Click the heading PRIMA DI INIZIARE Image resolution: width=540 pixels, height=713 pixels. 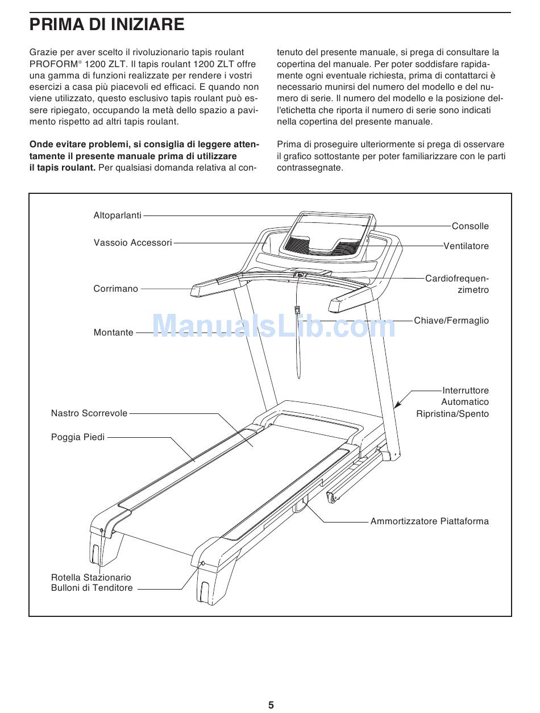[x=107, y=24]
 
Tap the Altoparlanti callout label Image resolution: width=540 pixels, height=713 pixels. [x=117, y=215]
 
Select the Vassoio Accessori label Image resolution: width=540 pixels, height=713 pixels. [x=132, y=243]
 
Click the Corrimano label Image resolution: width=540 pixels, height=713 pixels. [x=115, y=289]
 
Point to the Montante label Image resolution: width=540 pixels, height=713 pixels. [x=113, y=333]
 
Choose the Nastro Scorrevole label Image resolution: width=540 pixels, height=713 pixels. [x=89, y=413]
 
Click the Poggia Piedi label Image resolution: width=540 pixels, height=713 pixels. [x=78, y=437]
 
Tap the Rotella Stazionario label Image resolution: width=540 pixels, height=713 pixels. [x=91, y=578]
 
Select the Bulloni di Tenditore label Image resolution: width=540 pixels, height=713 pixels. [x=92, y=588]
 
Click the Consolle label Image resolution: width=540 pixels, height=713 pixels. [x=470, y=226]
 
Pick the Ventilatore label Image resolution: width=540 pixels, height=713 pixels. [x=466, y=246]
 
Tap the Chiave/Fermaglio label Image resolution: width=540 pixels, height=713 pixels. [x=451, y=321]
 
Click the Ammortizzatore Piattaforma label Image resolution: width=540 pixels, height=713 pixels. [x=429, y=521]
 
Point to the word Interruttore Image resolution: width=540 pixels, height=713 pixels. [x=466, y=391]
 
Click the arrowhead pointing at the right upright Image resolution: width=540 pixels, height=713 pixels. [x=398, y=404]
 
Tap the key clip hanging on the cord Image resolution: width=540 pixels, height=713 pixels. [x=297, y=310]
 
